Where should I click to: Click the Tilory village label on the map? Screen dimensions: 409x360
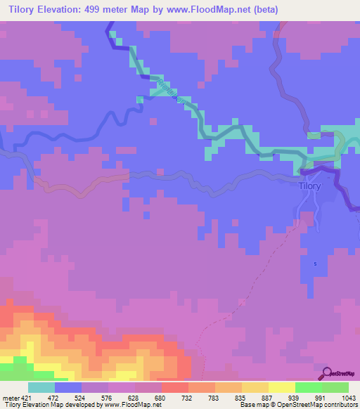[309, 186]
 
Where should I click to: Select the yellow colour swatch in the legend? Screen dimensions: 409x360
[282, 387]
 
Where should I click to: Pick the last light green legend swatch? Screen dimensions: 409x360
[335, 387]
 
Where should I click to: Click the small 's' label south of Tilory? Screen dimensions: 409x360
[316, 264]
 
